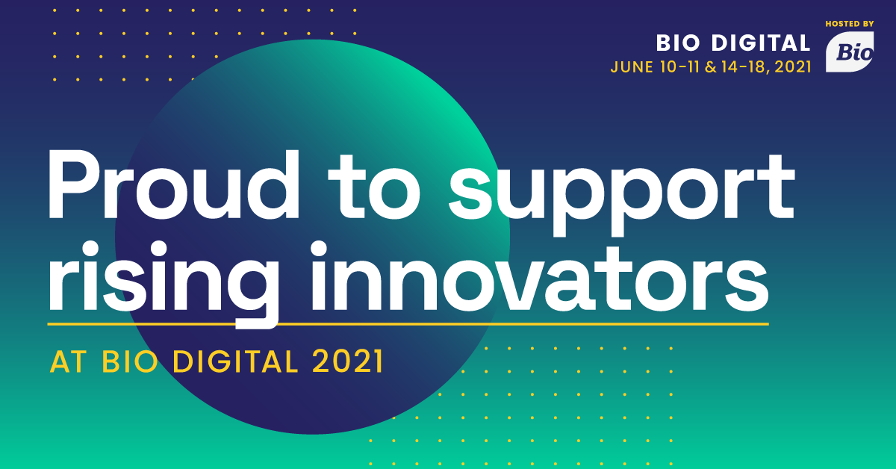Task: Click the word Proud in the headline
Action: coord(173,185)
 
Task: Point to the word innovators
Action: coord(539,276)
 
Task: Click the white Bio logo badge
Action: coord(850,52)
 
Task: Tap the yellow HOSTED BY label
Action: coord(850,24)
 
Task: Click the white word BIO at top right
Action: coord(678,43)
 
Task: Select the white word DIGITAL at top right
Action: coord(761,43)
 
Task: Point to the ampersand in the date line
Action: coord(710,66)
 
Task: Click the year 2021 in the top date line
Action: coord(793,66)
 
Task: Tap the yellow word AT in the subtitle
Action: coord(69,361)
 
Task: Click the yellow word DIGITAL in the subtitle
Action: coord(235,361)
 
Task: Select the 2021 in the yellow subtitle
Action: coord(347,361)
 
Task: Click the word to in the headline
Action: coord(374,187)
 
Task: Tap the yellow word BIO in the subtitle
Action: coord(130,361)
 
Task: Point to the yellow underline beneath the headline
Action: coord(408,323)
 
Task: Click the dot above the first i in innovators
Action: coord(319,249)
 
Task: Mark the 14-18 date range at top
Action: coord(743,66)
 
